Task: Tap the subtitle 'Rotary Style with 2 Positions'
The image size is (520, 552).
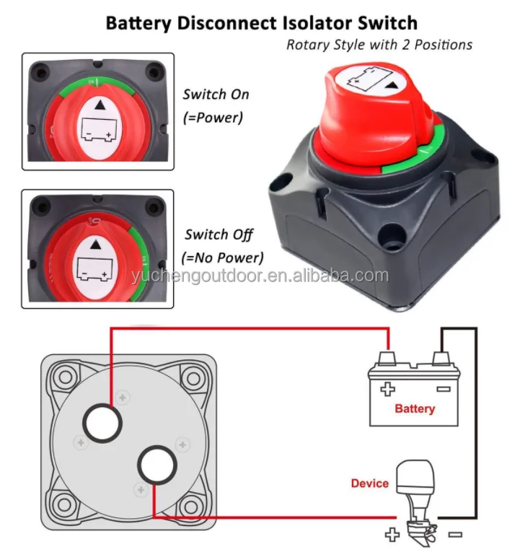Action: coord(379,45)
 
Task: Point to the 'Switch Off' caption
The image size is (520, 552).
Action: coord(219,235)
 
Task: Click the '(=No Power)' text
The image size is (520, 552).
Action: coord(224,257)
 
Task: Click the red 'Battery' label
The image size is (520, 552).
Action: coord(415,408)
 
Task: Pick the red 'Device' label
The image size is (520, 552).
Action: coord(369,483)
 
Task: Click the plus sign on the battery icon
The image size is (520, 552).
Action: coord(388,390)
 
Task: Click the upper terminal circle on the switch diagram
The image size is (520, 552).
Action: coord(102,423)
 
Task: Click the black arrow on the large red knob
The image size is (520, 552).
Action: coord(392,86)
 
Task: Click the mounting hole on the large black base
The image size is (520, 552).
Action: coord(394,235)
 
